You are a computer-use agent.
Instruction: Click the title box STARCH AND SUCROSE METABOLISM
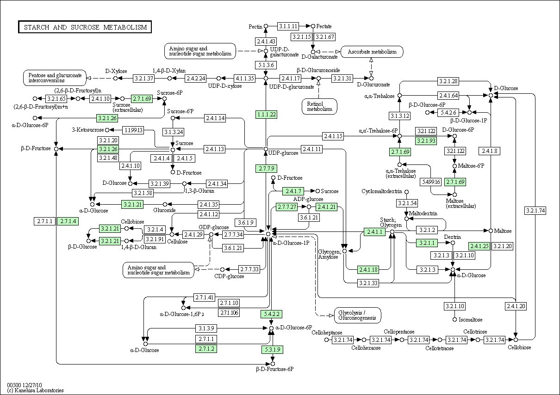(85, 27)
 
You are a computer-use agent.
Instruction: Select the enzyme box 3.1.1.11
(288, 26)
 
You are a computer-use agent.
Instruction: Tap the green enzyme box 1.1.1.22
(267, 115)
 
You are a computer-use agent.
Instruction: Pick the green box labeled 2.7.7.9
(267, 169)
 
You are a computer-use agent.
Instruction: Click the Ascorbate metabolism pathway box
(372, 52)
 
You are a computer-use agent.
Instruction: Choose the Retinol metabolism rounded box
(319, 107)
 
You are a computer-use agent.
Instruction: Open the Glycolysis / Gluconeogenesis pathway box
(357, 315)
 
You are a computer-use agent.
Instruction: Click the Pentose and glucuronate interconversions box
(55, 78)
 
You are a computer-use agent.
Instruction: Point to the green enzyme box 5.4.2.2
(272, 314)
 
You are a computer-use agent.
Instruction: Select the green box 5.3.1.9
(273, 350)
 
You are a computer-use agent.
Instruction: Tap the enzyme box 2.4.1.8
(490, 151)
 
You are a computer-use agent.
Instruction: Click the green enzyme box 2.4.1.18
(368, 270)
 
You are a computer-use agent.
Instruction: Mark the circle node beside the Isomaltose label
(455, 320)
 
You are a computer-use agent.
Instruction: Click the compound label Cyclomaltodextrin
(382, 191)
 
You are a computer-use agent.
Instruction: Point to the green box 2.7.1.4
(68, 221)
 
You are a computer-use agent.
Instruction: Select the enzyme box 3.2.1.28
(448, 81)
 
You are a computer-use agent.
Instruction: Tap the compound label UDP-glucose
(283, 153)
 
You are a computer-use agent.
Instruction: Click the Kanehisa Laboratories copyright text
(35, 390)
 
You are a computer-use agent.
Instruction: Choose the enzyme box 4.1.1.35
(244, 79)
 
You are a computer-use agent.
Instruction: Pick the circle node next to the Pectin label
(266, 26)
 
